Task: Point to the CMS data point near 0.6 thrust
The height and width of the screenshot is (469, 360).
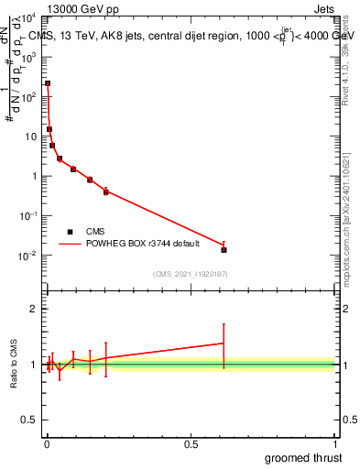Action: click(x=224, y=249)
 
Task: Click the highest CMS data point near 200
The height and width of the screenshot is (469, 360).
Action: click(x=48, y=83)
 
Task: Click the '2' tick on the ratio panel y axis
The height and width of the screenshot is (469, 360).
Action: click(x=36, y=309)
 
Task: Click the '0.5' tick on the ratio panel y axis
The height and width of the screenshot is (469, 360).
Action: click(x=31, y=421)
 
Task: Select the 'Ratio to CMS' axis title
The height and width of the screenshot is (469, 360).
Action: click(x=14, y=365)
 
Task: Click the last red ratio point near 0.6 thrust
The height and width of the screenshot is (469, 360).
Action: click(x=224, y=344)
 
